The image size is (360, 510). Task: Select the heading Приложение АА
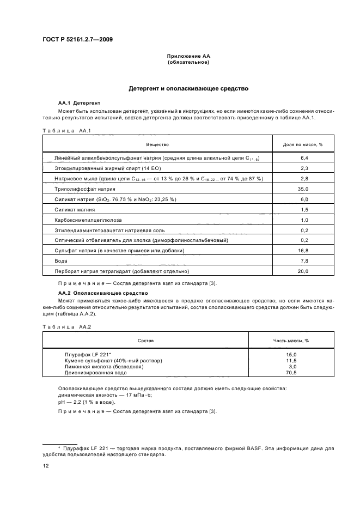(188, 56)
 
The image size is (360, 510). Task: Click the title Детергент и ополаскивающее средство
(188, 88)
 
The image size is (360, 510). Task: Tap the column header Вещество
(157, 144)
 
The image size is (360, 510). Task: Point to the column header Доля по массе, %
(303, 144)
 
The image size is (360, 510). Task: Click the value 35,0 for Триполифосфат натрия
(304, 189)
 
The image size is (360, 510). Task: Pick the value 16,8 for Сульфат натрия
(304, 251)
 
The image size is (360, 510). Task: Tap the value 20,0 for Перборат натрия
(304, 271)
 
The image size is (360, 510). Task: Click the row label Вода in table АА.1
(61, 261)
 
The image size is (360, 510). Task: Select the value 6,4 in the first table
(304, 157)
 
